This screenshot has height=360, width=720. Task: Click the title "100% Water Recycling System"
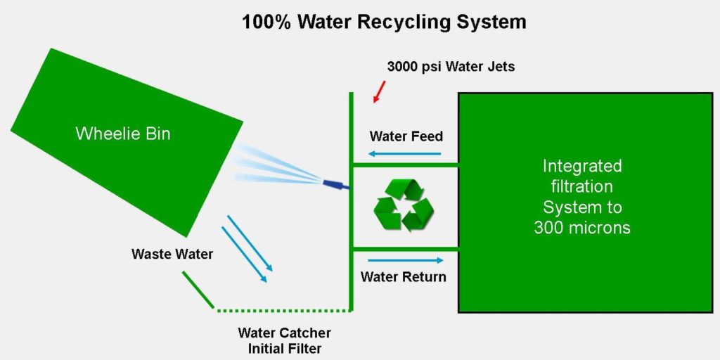click(x=384, y=21)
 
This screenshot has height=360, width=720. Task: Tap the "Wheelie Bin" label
click(x=123, y=134)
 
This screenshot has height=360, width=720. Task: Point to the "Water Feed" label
click(x=406, y=136)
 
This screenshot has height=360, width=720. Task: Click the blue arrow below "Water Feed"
click(x=406, y=154)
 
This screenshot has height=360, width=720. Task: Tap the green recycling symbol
click(x=404, y=205)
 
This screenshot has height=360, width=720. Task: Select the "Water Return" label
click(x=403, y=276)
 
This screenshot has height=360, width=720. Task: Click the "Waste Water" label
click(x=172, y=254)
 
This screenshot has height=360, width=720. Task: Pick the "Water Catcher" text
click(x=284, y=333)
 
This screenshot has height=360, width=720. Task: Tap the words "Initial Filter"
click(x=284, y=347)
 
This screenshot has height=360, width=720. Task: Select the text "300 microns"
click(x=582, y=228)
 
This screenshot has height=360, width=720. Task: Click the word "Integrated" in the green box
click(x=582, y=166)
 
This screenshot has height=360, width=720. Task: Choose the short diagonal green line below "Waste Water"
click(x=198, y=289)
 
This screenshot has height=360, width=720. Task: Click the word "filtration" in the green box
click(x=582, y=187)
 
